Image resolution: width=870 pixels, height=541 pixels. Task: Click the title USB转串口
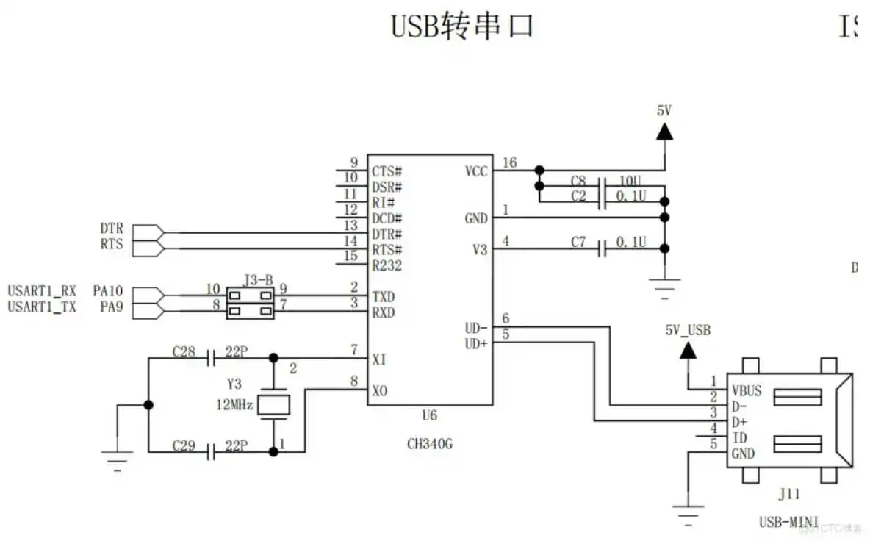coord(461,26)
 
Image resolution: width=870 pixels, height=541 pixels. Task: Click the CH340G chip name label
coord(430,443)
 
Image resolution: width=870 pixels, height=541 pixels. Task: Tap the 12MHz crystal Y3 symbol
coord(275,405)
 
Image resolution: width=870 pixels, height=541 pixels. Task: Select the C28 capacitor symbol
coord(212,358)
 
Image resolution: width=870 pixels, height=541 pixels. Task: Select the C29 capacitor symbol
coord(212,451)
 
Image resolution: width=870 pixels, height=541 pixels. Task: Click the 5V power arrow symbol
coord(664,132)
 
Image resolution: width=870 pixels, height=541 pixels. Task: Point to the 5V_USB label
coord(687,330)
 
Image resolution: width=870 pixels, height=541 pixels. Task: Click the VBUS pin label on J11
coord(747,390)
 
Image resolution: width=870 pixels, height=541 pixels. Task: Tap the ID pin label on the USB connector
coord(740,438)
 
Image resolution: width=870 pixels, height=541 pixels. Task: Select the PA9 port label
coord(112,307)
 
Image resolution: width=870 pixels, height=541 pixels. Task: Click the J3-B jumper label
coord(259,280)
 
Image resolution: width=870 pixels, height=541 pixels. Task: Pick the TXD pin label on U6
coord(383,297)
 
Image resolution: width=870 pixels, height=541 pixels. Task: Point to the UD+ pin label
coord(476,343)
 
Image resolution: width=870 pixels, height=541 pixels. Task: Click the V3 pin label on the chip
coord(479,250)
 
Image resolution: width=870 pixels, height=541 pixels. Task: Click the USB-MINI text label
coord(788,522)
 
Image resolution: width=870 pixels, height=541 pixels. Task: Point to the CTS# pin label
coord(387,171)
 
